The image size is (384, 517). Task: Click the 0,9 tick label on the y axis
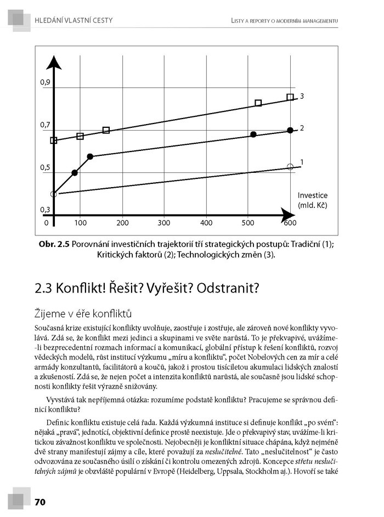click(x=45, y=82)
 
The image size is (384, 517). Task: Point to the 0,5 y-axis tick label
click(x=45, y=168)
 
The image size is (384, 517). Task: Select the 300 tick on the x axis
click(x=165, y=223)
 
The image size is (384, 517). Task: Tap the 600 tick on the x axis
click(x=290, y=223)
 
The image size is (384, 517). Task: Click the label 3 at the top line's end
click(x=302, y=96)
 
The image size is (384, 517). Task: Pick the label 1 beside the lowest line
click(x=302, y=162)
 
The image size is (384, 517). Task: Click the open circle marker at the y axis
click(x=53, y=194)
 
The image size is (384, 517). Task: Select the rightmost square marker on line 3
click(x=290, y=98)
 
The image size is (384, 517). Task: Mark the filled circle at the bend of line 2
click(x=91, y=156)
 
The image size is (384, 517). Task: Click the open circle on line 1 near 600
click(x=290, y=166)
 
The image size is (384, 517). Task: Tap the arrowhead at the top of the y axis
click(x=53, y=60)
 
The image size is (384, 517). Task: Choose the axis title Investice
click(x=313, y=195)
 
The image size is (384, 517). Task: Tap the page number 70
click(x=40, y=502)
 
